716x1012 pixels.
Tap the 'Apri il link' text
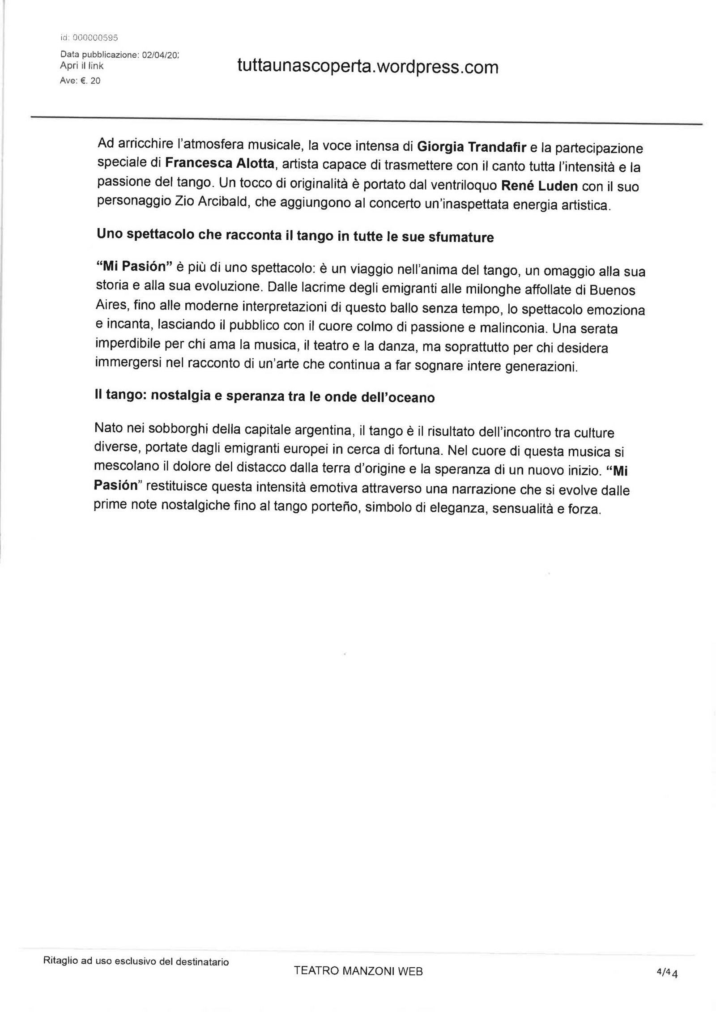tap(81, 66)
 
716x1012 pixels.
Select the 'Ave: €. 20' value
tap(80, 81)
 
